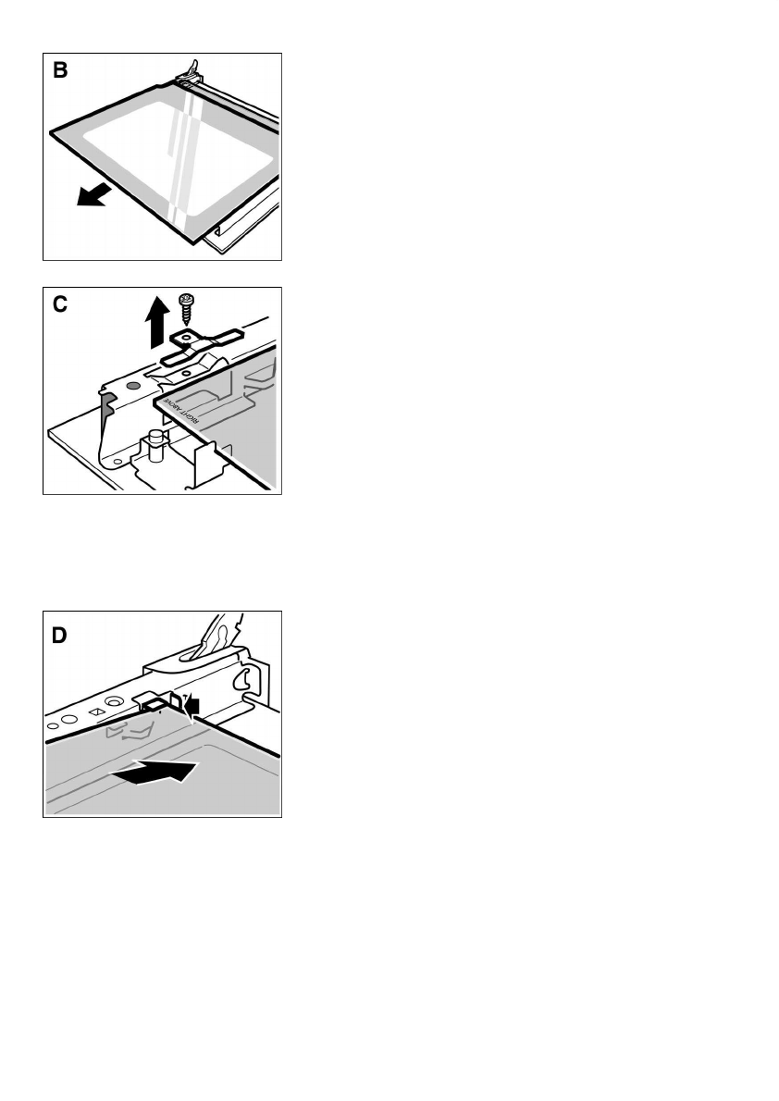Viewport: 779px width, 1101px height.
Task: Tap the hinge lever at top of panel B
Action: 192,68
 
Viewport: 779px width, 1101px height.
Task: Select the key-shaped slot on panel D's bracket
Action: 244,679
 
